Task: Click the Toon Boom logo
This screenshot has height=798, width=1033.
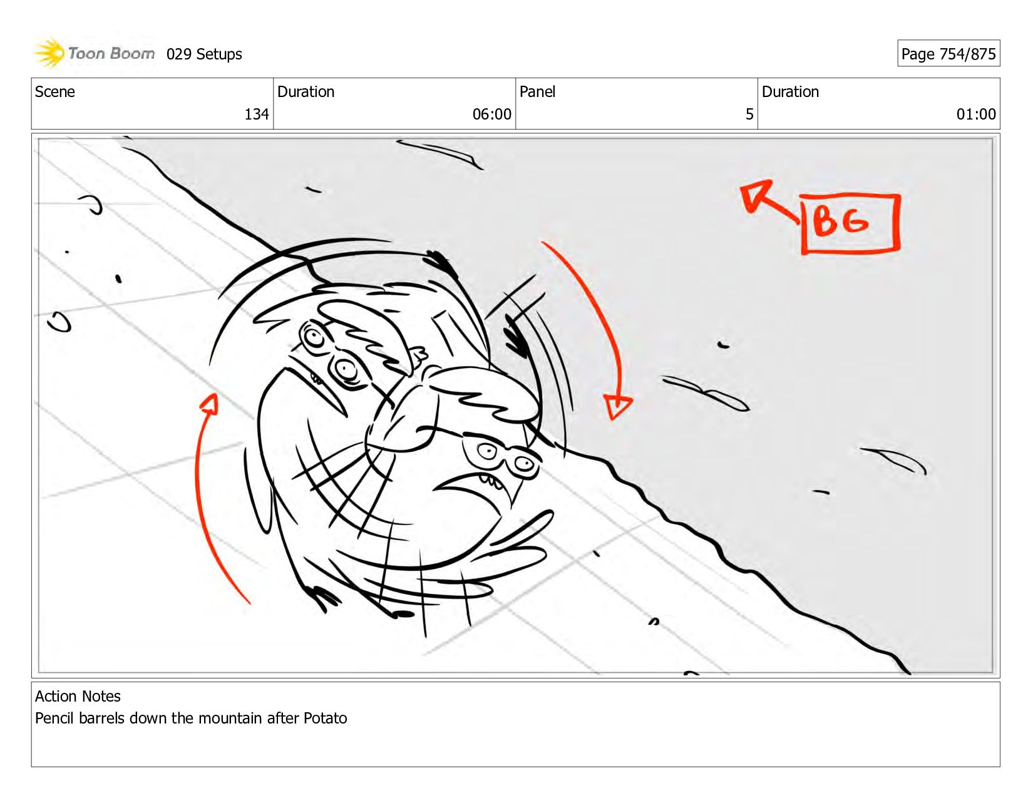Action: [94, 53]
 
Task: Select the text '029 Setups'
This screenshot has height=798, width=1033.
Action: [204, 54]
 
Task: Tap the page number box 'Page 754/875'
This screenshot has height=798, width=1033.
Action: [948, 53]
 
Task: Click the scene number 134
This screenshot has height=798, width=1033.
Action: [257, 114]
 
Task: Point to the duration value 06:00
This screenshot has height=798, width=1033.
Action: [491, 114]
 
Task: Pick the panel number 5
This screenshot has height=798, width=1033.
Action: [749, 114]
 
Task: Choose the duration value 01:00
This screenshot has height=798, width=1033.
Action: [976, 114]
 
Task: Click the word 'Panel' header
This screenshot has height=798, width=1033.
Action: [537, 91]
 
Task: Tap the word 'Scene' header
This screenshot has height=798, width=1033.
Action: [54, 91]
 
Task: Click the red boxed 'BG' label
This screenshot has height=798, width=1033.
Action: [850, 223]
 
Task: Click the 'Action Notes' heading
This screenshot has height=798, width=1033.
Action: [78, 696]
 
